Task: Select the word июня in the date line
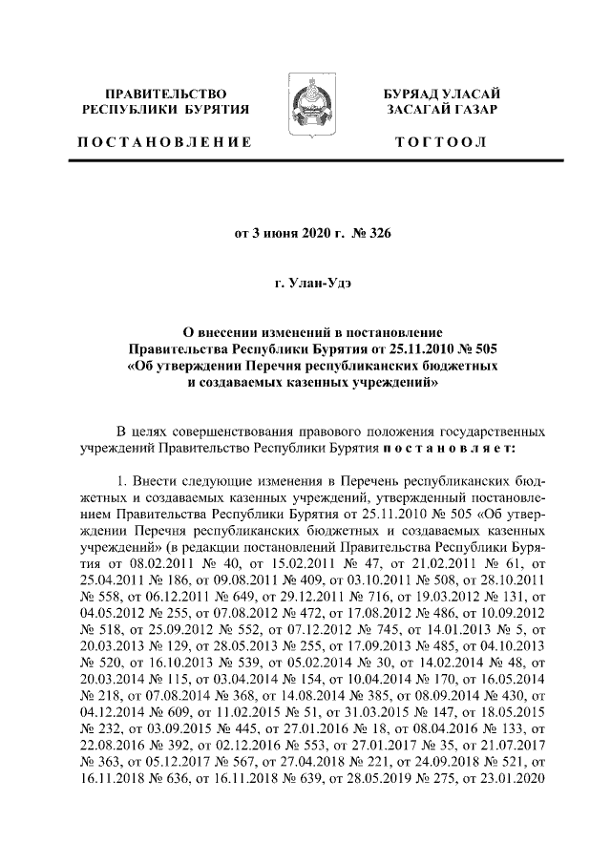click(x=283, y=232)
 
